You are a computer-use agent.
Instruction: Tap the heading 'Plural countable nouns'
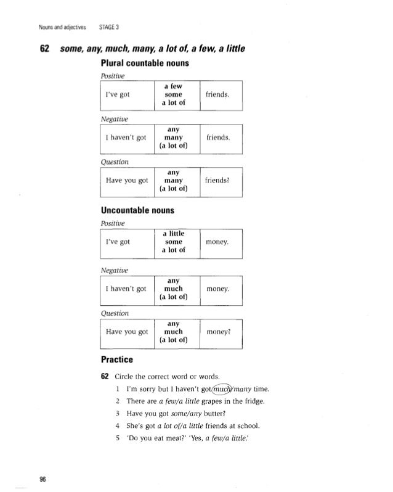coord(145,63)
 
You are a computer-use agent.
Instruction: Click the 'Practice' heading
coord(118,359)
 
